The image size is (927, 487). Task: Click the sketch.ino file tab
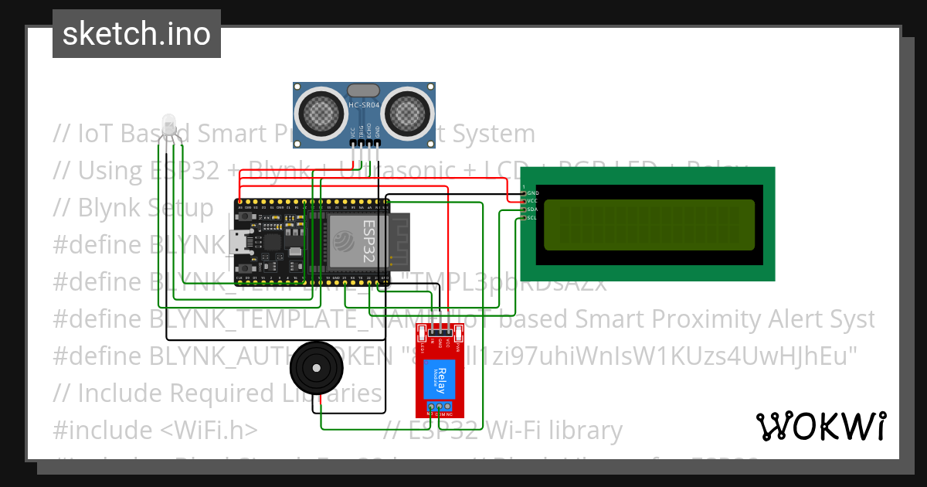click(x=136, y=34)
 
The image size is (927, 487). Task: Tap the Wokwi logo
click(x=820, y=426)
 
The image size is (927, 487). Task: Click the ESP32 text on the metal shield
click(x=369, y=239)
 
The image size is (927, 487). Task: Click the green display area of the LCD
click(x=649, y=225)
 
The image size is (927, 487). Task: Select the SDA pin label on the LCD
click(x=531, y=209)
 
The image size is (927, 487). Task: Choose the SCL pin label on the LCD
click(x=531, y=218)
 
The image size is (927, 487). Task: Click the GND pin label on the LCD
click(x=532, y=192)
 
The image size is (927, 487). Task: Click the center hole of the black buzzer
click(x=316, y=369)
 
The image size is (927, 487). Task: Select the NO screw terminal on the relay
click(x=430, y=406)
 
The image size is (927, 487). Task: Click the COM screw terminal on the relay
click(x=440, y=406)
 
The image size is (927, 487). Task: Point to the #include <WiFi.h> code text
click(x=155, y=430)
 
